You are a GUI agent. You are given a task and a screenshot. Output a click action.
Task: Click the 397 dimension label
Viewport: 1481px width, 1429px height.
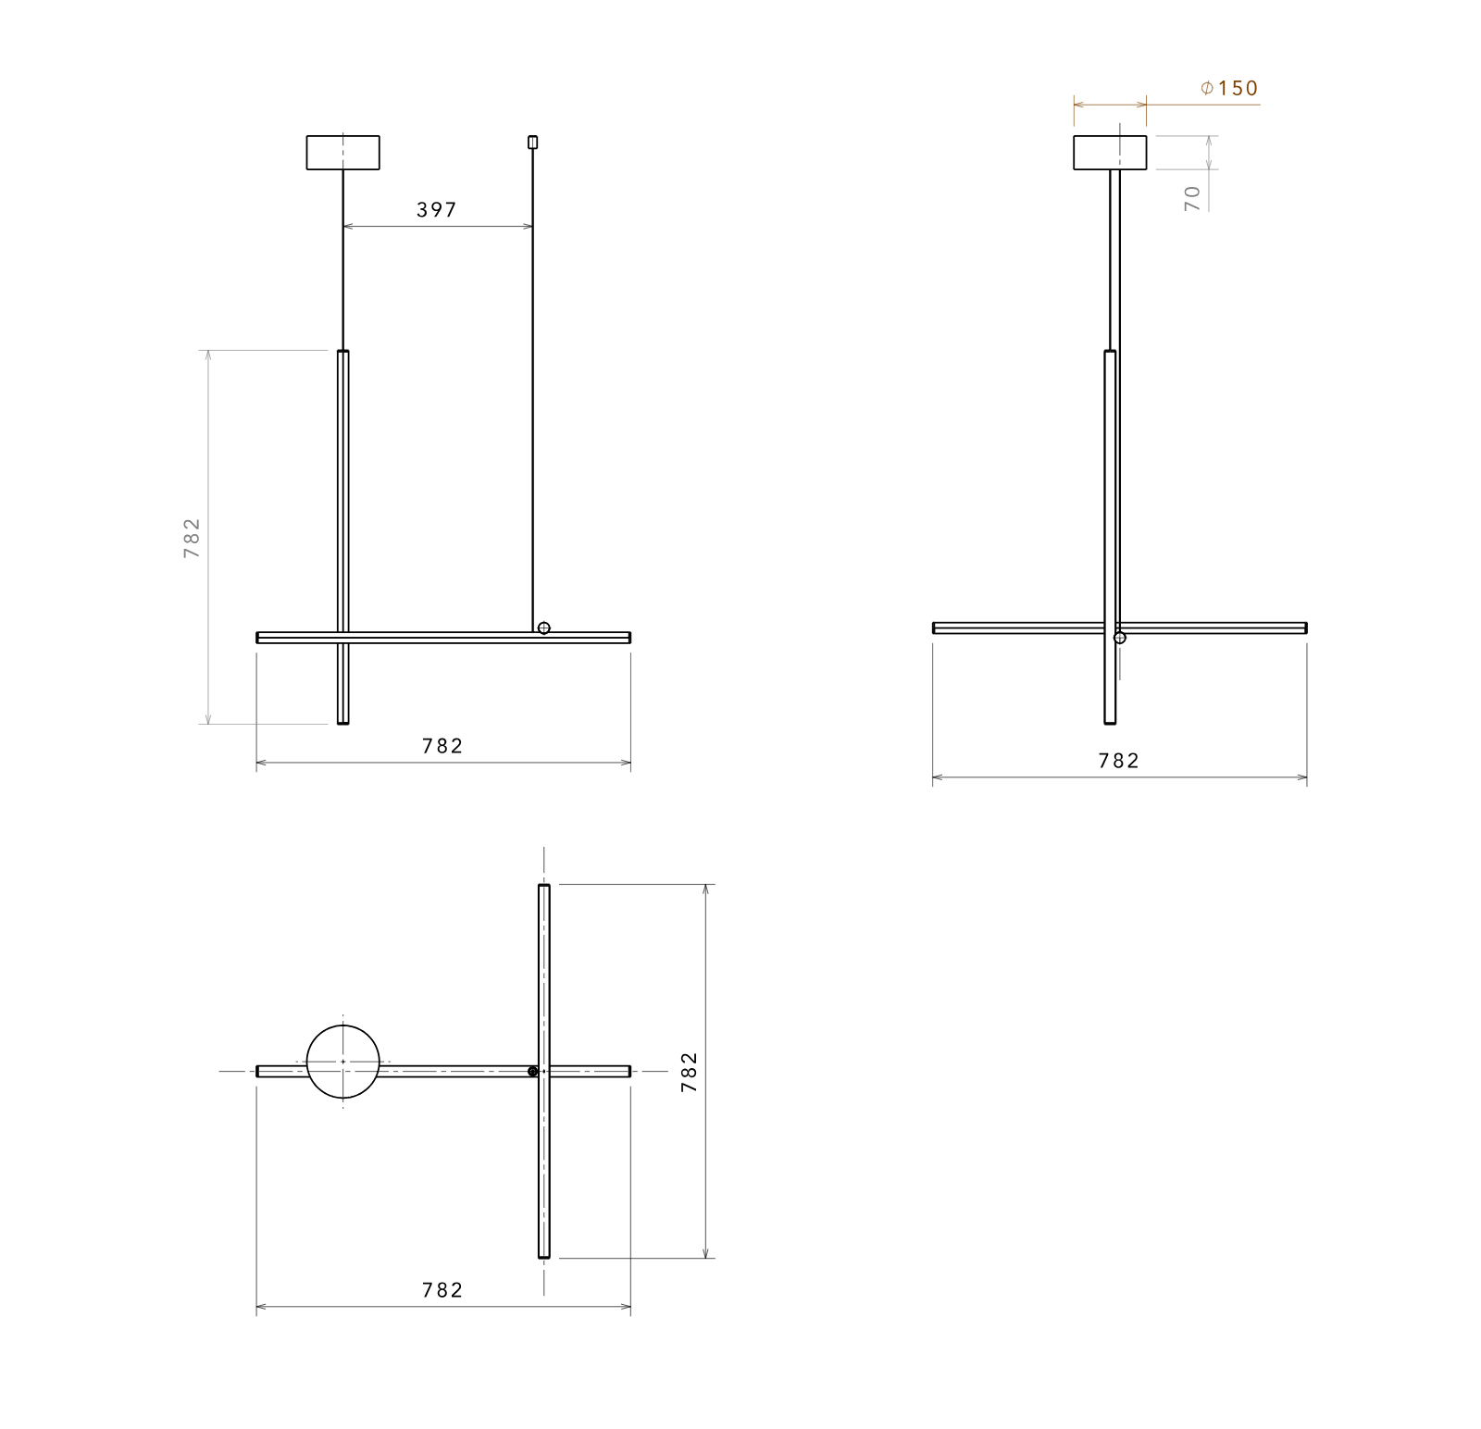click(437, 210)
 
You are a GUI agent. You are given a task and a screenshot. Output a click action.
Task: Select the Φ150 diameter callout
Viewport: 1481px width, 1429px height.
click(1229, 88)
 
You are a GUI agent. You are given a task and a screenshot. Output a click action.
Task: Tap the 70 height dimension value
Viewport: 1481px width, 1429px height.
click(1192, 198)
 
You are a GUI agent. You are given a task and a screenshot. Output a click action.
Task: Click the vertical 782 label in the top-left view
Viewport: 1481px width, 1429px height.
click(192, 538)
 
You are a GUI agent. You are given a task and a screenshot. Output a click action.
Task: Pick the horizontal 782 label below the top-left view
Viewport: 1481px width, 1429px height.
click(442, 746)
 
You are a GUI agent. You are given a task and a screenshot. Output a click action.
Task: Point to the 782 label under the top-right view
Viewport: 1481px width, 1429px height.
click(1119, 761)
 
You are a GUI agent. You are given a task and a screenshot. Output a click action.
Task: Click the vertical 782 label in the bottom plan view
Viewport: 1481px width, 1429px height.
click(689, 1072)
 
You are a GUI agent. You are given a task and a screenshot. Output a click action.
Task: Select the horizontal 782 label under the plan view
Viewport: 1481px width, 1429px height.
click(442, 1290)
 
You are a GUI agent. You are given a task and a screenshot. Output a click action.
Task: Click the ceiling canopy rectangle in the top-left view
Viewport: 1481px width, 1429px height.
click(342, 153)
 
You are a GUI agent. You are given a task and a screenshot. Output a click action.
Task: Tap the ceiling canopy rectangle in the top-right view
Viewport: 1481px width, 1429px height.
click(1110, 153)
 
